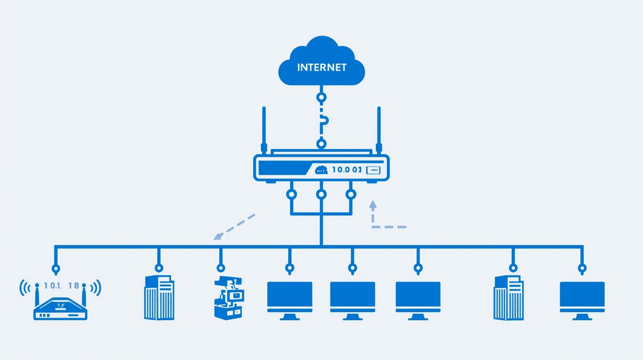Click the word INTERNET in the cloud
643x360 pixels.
tap(321, 67)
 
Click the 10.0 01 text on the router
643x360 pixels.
tap(346, 170)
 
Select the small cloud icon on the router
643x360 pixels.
tap(321, 170)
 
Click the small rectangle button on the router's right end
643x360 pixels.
tap(373, 170)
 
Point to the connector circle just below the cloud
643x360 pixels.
tap(321, 97)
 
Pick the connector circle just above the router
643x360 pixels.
tap(321, 143)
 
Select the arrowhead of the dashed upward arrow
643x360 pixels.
tap(373, 205)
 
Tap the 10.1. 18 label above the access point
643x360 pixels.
tap(61, 286)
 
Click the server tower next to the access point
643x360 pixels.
tap(159, 297)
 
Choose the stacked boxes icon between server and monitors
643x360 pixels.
tap(228, 298)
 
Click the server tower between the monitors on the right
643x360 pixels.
tap(509, 297)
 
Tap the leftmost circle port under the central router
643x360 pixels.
tap(291, 194)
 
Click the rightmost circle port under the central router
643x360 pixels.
tap(351, 194)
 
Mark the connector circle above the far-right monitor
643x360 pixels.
tap(582, 268)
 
